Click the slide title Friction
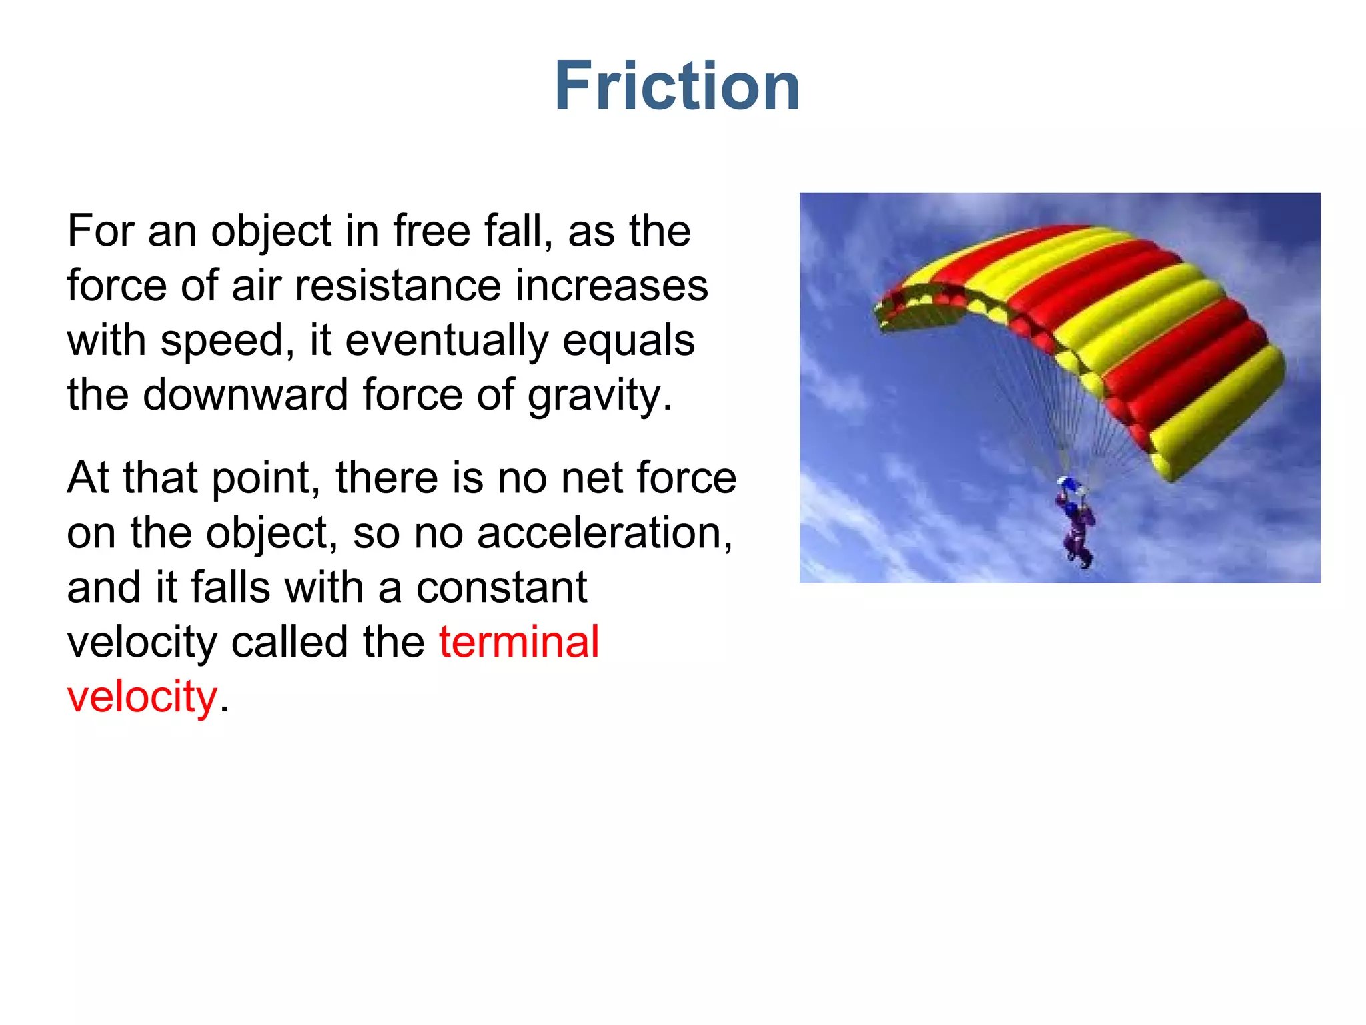677,86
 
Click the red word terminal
519,642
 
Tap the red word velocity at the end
142,697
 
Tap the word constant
502,588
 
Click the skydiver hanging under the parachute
1075,524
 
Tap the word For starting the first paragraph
99,232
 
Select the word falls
230,588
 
